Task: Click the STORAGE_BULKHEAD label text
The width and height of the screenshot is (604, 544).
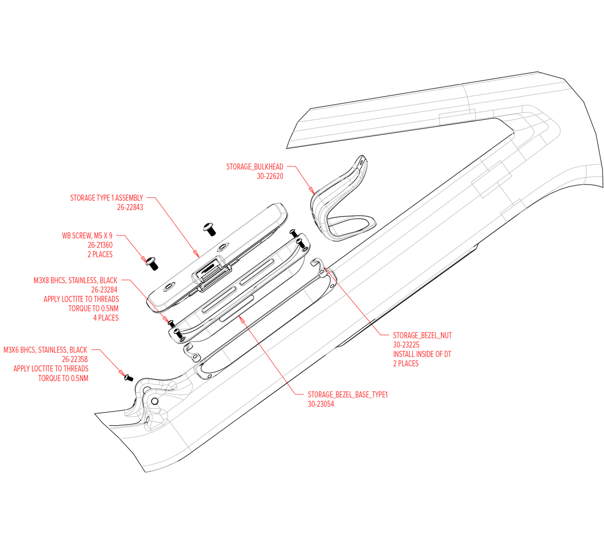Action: pyautogui.click(x=255, y=167)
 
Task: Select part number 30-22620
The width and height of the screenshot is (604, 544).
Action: pyautogui.click(x=270, y=176)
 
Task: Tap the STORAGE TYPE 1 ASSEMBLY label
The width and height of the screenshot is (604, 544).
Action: pyautogui.click(x=107, y=198)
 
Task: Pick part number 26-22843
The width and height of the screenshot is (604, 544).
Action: pyautogui.click(x=130, y=207)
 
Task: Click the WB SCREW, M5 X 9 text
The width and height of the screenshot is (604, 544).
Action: pyautogui.click(x=87, y=236)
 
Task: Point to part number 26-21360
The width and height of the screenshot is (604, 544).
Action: pyautogui.click(x=100, y=245)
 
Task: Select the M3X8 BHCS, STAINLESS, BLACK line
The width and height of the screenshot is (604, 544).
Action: pyautogui.click(x=75, y=280)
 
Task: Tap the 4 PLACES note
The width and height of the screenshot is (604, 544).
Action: pyautogui.click(x=106, y=318)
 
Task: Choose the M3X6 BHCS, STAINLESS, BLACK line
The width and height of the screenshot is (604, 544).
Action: pyautogui.click(x=45, y=350)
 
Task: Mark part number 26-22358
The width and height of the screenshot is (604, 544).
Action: pyautogui.click(x=75, y=359)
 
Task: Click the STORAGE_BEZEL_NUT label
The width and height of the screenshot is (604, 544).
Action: pyautogui.click(x=422, y=335)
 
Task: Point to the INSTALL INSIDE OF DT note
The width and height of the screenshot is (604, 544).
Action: pyautogui.click(x=422, y=354)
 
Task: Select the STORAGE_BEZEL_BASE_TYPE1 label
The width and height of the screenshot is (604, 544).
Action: pyautogui.click(x=348, y=395)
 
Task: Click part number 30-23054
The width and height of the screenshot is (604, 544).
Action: pyautogui.click(x=321, y=404)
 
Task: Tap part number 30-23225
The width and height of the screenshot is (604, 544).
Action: pyautogui.click(x=406, y=345)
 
